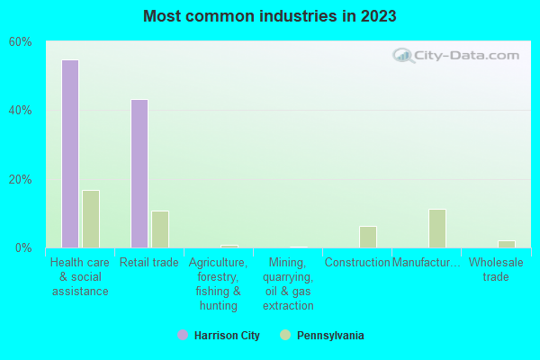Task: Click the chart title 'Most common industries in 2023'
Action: click(269, 16)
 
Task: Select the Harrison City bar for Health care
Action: click(69, 153)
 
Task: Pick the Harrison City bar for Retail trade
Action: click(139, 173)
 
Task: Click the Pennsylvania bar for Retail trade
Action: click(160, 229)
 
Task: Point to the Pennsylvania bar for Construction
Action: click(367, 237)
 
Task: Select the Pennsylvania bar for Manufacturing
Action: click(437, 228)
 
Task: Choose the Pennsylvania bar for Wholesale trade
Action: click(507, 244)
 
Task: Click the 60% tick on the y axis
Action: click(21, 41)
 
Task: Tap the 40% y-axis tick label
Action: click(21, 110)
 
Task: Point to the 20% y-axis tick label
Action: click(21, 179)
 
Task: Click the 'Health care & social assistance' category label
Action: click(80, 276)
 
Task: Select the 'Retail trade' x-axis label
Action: click(149, 263)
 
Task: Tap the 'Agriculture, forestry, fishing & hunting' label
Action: click(218, 283)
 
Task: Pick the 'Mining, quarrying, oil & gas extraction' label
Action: click(288, 283)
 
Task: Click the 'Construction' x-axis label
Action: click(357, 263)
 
